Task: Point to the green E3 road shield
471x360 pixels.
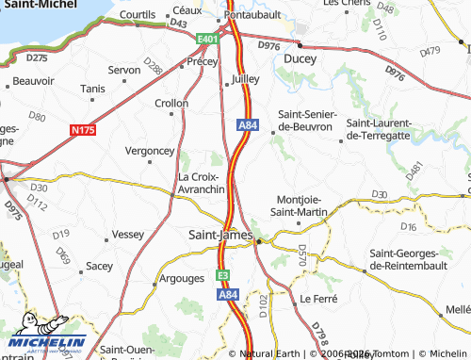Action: tap(223, 275)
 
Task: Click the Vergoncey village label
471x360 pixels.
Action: tap(151, 150)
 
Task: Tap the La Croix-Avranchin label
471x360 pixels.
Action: tap(201, 183)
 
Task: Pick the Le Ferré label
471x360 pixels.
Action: tap(317, 299)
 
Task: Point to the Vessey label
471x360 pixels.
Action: tap(127, 233)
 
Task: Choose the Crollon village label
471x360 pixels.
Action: tap(171, 104)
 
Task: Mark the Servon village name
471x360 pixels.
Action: tap(124, 70)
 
